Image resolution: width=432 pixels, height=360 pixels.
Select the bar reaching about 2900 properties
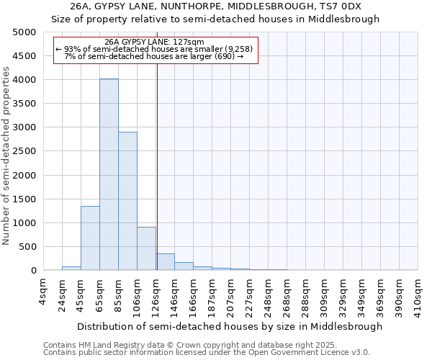[127, 202]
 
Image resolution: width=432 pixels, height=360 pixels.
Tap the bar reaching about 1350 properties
[90, 238]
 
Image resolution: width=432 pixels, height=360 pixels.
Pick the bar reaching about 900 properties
[146, 249]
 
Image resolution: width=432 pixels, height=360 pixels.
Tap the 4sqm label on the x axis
[43, 292]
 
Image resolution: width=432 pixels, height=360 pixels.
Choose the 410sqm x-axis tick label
[418, 296]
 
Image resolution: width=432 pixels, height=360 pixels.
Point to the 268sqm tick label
[287, 296]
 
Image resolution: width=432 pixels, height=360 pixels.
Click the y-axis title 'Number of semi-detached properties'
[7, 156]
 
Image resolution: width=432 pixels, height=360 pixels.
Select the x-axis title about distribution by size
[230, 326]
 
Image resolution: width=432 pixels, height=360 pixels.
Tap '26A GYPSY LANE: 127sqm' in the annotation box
[154, 42]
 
